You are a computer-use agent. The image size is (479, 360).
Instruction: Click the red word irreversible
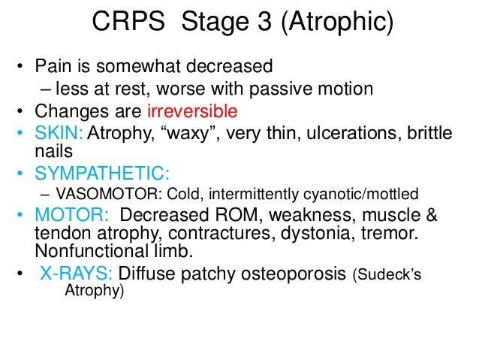(x=192, y=112)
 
